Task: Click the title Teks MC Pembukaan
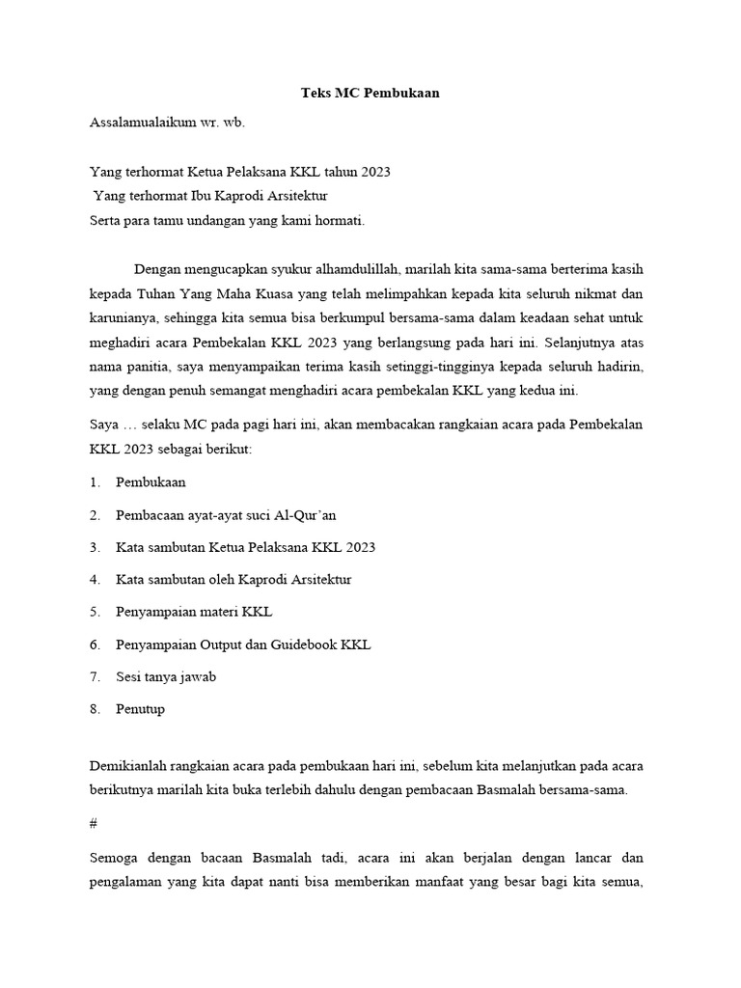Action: point(370,94)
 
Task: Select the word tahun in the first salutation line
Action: point(340,172)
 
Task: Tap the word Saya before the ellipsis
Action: point(103,425)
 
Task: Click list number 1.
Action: point(94,481)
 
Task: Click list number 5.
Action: point(94,612)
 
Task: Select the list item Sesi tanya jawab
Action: point(165,676)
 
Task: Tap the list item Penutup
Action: point(140,709)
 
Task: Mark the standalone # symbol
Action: point(93,824)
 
